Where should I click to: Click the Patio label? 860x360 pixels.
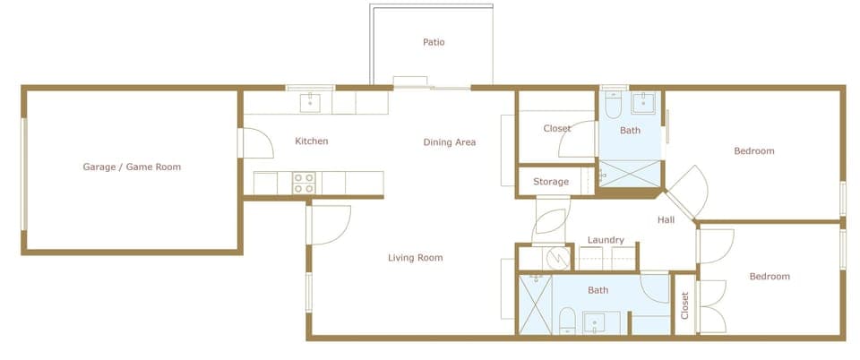click(x=434, y=42)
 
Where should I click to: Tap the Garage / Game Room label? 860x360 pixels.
click(x=132, y=167)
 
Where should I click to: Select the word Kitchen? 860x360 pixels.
click(x=312, y=141)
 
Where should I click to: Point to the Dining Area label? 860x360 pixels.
click(x=450, y=142)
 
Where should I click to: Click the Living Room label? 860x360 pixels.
click(x=415, y=258)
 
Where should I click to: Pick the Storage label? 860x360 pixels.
click(x=551, y=182)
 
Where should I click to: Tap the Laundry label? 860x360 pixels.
click(x=606, y=240)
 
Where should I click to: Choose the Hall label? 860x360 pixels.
click(x=666, y=220)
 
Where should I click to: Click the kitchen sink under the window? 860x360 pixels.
click(x=310, y=100)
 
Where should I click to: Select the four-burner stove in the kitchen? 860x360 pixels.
click(x=305, y=183)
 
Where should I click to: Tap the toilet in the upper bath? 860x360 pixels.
click(x=614, y=107)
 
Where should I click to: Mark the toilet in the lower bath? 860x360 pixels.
click(x=566, y=320)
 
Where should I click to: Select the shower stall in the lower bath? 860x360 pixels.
click(x=535, y=304)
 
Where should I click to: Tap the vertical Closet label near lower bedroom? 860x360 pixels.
click(x=685, y=305)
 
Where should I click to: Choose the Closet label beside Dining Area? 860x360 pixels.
click(x=557, y=129)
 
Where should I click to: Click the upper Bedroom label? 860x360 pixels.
click(x=753, y=151)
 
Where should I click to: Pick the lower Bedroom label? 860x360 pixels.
click(x=770, y=277)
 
